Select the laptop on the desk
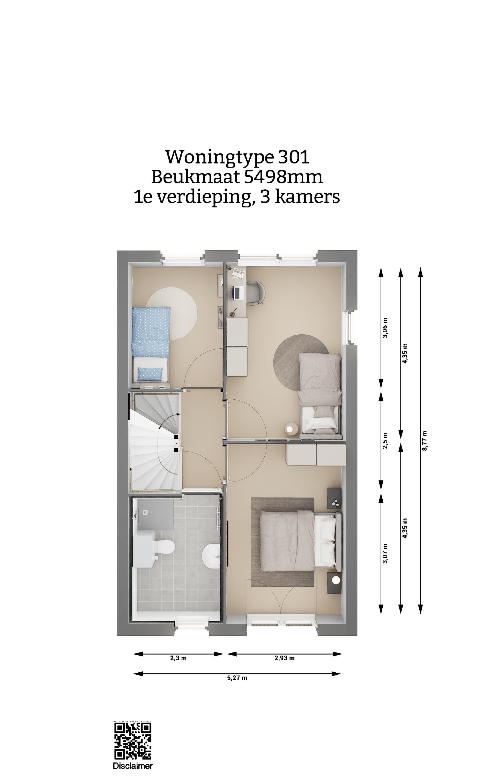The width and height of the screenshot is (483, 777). [237, 293]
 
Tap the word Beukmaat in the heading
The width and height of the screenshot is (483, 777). [196, 177]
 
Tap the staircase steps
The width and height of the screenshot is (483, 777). [155, 441]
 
